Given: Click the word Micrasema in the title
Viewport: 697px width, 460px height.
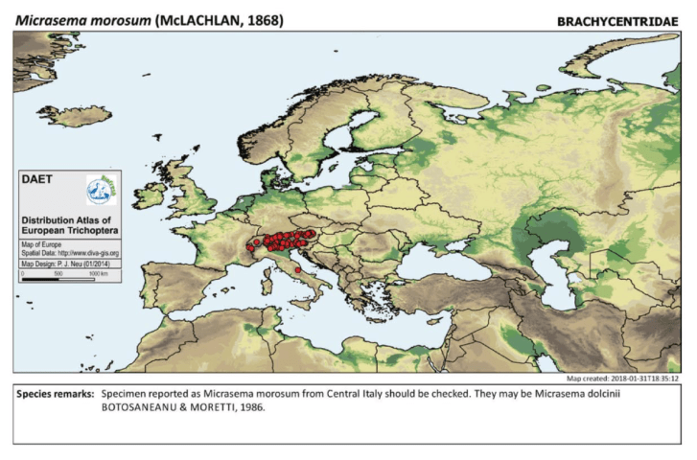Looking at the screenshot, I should tap(43, 19).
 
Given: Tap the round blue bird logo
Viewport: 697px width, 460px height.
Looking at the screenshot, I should tap(99, 189).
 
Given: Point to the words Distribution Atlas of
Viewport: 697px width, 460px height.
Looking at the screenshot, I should tap(61, 219).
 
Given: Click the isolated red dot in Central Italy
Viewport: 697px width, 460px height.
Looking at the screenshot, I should tap(298, 270).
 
